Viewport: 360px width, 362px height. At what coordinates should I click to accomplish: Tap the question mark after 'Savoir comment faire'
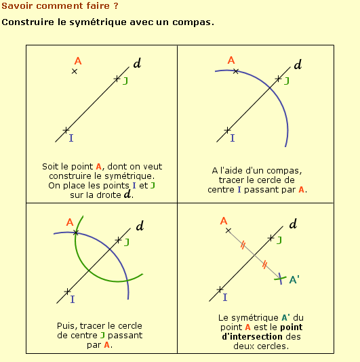[x=116, y=5]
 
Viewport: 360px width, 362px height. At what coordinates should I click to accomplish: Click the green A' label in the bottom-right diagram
[x=294, y=279]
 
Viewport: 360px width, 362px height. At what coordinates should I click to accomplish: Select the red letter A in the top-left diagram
[x=78, y=61]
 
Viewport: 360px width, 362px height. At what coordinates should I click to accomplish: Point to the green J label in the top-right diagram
[x=287, y=81]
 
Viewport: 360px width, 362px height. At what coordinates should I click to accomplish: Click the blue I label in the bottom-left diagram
[x=73, y=299]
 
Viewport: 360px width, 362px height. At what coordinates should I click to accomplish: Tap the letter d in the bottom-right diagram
[x=293, y=224]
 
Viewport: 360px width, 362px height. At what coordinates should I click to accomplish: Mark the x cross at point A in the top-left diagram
[x=74, y=71]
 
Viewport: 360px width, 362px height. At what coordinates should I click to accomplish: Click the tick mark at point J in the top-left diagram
[x=117, y=79]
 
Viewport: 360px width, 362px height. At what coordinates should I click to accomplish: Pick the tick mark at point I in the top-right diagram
[x=227, y=130]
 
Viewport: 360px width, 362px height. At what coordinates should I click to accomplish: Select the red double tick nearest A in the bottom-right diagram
[x=243, y=245]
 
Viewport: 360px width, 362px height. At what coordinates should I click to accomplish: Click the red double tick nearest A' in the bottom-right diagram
[x=264, y=264]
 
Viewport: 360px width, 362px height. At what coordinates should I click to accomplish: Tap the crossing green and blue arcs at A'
[x=280, y=279]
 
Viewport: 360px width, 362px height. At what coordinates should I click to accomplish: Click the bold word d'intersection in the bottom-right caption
[x=252, y=337]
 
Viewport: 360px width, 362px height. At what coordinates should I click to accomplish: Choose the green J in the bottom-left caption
[x=102, y=336]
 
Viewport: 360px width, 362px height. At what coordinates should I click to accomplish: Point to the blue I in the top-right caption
[x=239, y=190]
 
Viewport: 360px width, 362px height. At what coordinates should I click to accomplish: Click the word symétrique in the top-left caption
[x=129, y=176]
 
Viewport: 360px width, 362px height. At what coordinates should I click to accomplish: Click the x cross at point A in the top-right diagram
[x=235, y=71]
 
